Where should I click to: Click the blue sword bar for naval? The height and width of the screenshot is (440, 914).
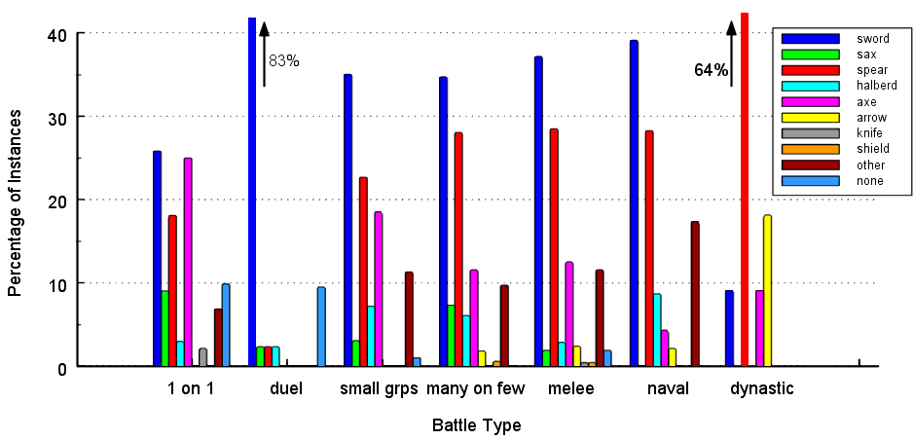(634, 203)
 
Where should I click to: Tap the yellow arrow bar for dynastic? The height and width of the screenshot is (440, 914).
(767, 290)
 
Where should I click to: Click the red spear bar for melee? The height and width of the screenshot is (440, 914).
(554, 247)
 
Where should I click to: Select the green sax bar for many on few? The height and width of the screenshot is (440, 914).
(451, 335)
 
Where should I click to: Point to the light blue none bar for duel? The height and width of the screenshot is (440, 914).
(321, 326)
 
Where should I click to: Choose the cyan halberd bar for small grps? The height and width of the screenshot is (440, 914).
(370, 336)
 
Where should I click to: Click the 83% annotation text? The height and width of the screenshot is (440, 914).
(284, 61)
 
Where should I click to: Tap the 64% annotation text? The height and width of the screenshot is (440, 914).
(711, 70)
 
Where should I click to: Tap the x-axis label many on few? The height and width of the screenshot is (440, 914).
(476, 389)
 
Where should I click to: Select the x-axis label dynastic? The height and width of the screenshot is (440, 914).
(762, 388)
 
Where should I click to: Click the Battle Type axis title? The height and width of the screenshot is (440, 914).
(476, 425)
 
